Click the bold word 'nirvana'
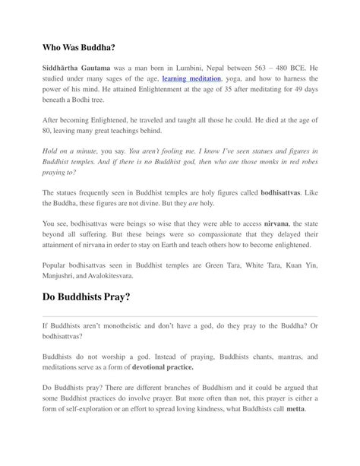pyautogui.click(x=281, y=225)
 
